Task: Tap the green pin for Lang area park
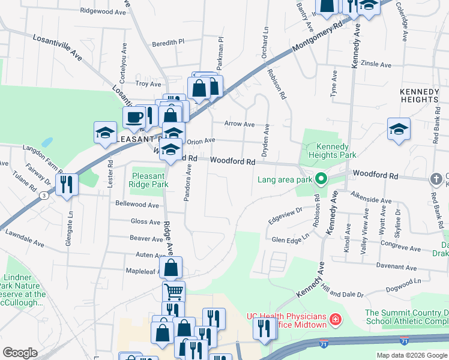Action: [x=321, y=179]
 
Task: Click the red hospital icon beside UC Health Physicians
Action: [x=335, y=317]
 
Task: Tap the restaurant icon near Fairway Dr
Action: [x=67, y=184]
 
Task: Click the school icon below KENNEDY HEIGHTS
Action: [x=399, y=129]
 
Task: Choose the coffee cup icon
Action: [x=134, y=116]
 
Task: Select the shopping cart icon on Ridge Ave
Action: [x=173, y=292]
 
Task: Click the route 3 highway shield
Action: [x=43, y=196]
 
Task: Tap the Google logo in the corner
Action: [x=20, y=352]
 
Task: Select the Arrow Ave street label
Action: [x=239, y=124]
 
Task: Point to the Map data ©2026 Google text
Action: [x=412, y=355]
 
